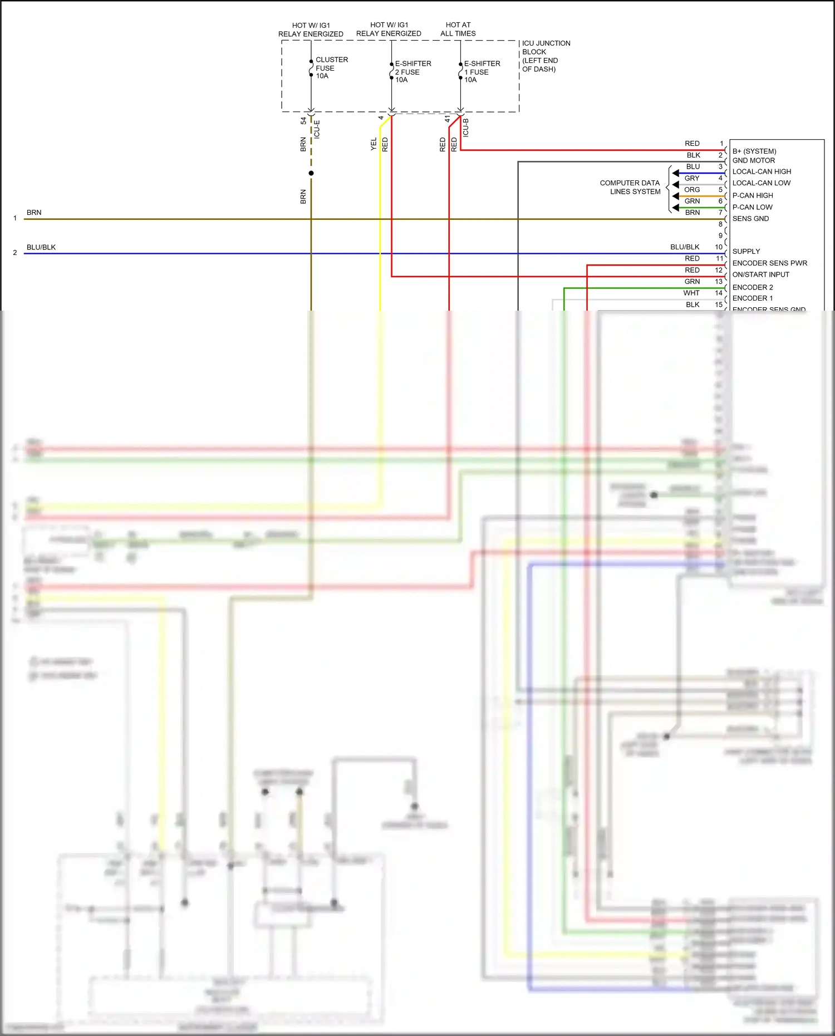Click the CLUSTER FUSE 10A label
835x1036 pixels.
[x=331, y=68]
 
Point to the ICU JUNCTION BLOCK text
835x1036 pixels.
[x=545, y=47]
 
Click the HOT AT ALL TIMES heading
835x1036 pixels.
[x=458, y=29]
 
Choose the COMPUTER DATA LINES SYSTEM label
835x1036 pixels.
[x=631, y=187]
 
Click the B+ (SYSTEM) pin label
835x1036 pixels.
[x=754, y=151]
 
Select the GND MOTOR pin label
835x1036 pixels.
[x=753, y=160]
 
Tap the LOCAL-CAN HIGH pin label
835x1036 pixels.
[x=761, y=171]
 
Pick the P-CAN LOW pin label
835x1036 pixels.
[x=752, y=207]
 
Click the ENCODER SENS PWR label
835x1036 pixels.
[x=769, y=263]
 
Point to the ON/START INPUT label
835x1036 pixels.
[x=760, y=274]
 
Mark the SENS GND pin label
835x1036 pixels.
[x=750, y=219]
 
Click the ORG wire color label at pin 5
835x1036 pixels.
[x=692, y=190]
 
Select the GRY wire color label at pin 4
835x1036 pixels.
[x=692, y=178]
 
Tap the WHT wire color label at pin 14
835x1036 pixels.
[x=691, y=293]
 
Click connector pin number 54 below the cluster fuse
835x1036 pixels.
[x=303, y=121]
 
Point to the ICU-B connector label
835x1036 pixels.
[x=466, y=128]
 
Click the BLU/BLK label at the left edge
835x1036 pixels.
[x=41, y=247]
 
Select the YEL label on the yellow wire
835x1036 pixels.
[x=374, y=144]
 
